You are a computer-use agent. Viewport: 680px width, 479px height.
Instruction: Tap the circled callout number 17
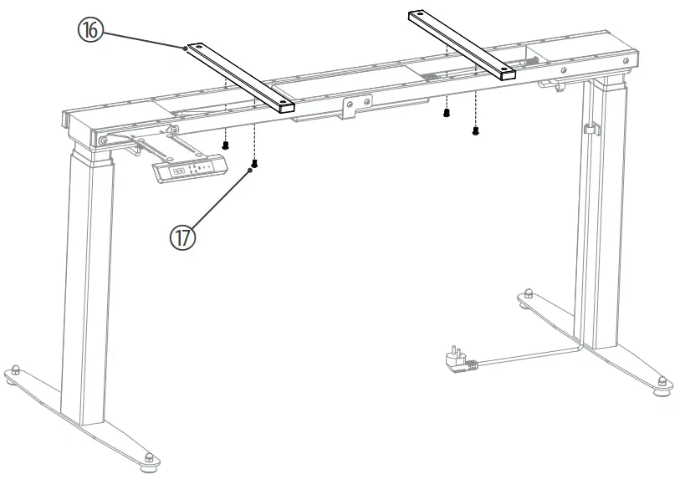click(x=183, y=237)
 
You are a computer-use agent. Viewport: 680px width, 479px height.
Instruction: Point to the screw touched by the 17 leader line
click(x=254, y=164)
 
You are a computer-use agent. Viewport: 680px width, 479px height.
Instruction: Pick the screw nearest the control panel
click(x=225, y=145)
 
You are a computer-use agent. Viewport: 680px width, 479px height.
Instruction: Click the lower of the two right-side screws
click(x=475, y=130)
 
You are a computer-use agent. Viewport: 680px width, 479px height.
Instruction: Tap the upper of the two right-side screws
click(x=447, y=111)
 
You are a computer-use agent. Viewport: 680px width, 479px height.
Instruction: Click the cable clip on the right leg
click(x=590, y=130)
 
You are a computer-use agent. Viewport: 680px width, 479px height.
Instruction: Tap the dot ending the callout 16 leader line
click(x=186, y=49)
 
